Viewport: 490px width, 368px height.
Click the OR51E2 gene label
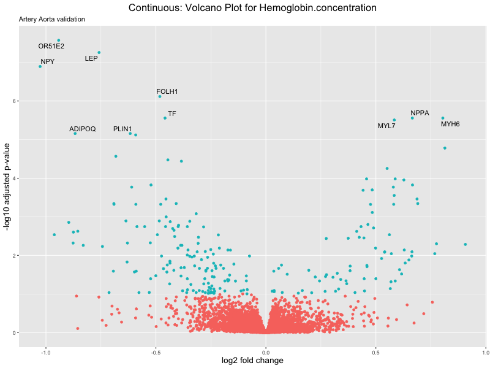pos(51,46)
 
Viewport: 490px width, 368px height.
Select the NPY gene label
pos(48,62)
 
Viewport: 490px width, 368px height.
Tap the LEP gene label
pos(91,59)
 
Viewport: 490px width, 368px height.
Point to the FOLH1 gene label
pos(167,92)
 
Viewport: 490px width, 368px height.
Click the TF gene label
pos(172,114)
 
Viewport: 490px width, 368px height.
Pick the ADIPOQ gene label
pos(83,129)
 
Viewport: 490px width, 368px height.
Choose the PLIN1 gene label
pos(123,129)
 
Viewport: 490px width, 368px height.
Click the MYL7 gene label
pos(386,126)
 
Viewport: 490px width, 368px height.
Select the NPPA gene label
pos(420,113)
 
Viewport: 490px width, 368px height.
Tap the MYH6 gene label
pos(450,125)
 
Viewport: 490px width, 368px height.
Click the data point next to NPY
pos(40,66)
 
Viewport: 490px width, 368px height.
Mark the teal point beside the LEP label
pos(99,53)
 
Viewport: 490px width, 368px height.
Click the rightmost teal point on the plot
pos(466,245)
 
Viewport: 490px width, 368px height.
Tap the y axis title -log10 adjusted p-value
pos(7,186)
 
